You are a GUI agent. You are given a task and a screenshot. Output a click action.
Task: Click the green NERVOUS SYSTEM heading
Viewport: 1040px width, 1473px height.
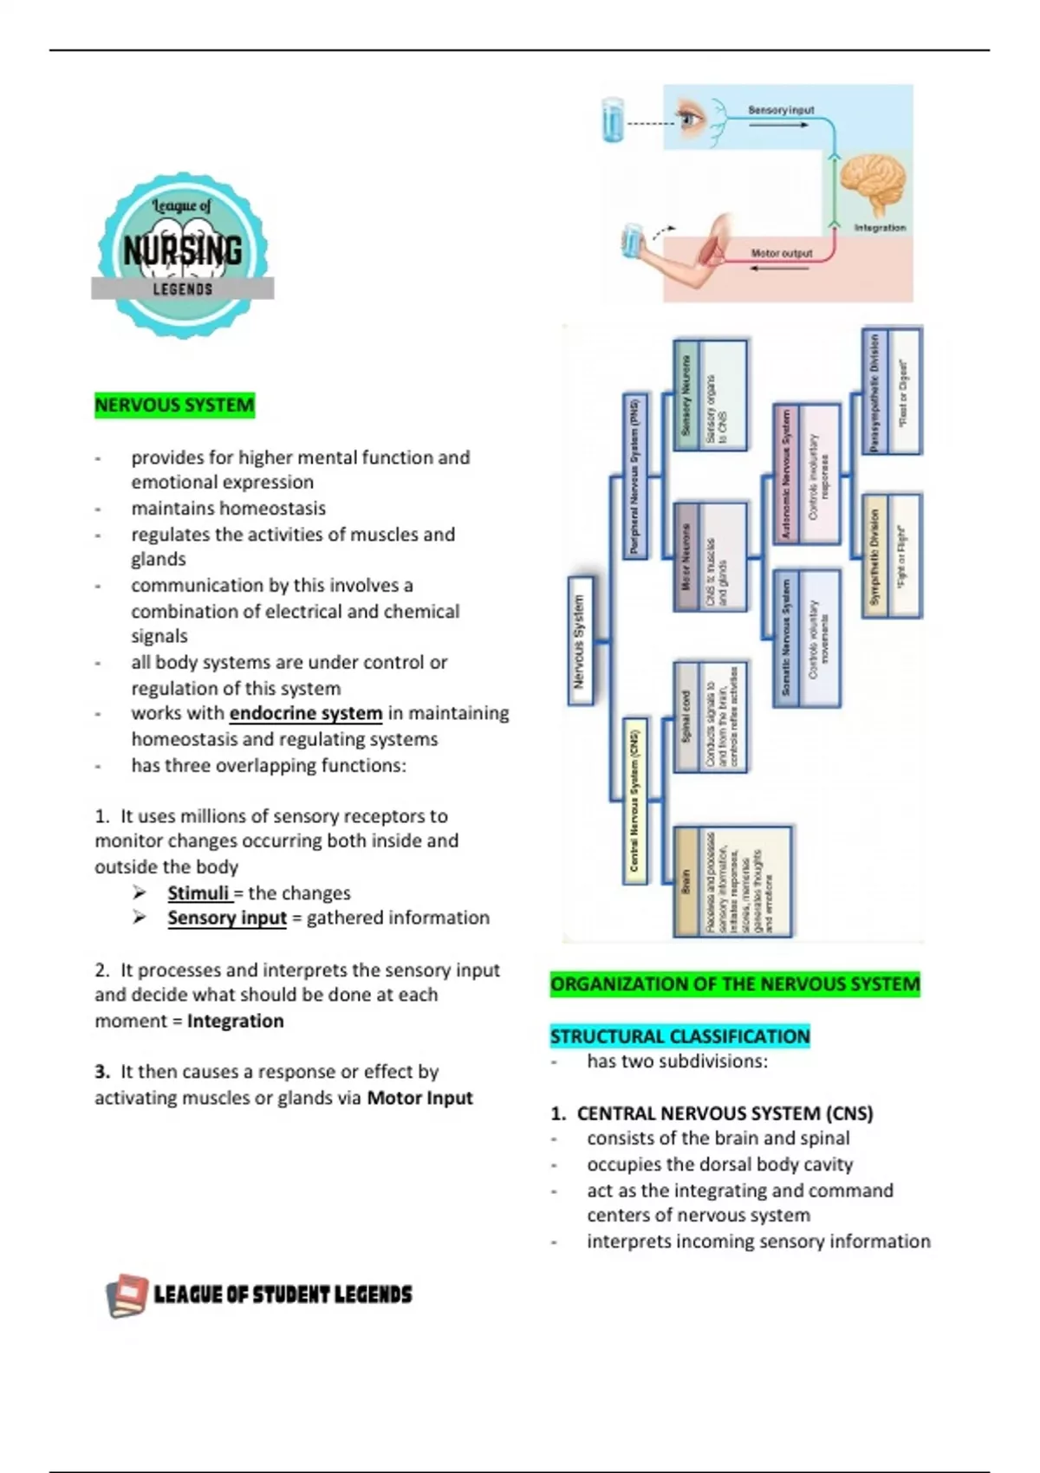click(174, 406)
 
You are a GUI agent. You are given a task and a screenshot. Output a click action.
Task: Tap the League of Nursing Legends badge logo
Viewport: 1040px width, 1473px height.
click(183, 253)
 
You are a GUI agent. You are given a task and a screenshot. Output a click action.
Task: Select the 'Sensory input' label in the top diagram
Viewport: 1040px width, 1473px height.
click(781, 110)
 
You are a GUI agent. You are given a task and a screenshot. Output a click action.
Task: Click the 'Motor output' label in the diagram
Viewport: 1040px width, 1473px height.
click(781, 253)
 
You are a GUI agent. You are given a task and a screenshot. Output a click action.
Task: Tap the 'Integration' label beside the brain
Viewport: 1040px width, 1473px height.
click(880, 228)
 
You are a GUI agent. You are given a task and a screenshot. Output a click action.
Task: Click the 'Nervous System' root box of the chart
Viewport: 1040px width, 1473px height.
click(580, 641)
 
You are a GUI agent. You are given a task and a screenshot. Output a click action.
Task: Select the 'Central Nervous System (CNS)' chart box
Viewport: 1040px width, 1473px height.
click(635, 801)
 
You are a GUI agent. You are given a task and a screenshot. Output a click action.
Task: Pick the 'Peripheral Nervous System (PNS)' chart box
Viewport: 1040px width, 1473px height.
click(635, 476)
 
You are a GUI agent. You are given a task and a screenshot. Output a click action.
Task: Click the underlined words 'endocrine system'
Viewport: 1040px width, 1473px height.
click(305, 713)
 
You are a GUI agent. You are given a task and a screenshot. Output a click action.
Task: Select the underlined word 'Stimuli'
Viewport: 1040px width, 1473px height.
click(198, 893)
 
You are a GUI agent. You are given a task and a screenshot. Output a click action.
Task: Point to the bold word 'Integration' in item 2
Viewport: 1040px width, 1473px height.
click(235, 1022)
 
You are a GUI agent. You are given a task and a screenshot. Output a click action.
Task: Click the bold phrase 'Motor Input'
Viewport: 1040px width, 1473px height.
click(419, 1099)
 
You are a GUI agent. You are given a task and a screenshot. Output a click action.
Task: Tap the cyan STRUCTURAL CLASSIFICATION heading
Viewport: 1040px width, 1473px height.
click(679, 1036)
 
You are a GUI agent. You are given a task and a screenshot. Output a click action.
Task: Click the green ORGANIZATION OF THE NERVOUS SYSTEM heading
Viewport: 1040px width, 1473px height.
click(735, 984)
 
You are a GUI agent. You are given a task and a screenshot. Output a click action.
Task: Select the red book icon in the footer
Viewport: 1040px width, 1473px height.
click(127, 1295)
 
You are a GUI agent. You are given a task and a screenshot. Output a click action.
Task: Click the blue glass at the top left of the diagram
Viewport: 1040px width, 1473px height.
click(613, 120)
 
